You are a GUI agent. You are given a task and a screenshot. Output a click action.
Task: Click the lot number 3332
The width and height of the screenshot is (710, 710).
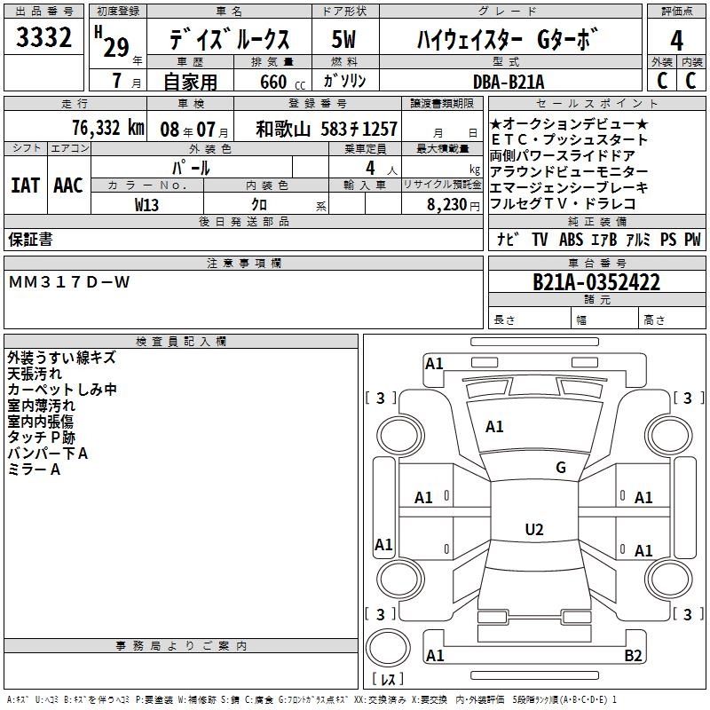point(44,39)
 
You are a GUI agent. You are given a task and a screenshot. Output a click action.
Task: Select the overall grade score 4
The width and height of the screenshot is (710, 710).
point(676,41)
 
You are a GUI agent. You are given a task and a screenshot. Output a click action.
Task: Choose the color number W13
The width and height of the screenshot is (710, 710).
point(147,204)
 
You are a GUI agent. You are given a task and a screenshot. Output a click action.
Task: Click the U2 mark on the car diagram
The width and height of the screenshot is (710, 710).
point(533,530)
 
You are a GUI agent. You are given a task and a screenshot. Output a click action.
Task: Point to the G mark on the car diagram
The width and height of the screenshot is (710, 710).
point(560,468)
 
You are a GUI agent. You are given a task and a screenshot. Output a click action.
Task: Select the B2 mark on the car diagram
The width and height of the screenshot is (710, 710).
point(633,656)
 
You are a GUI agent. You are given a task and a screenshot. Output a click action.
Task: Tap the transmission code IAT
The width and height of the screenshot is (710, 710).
point(26,185)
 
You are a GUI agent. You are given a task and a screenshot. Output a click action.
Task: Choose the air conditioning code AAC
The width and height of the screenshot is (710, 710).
point(67,185)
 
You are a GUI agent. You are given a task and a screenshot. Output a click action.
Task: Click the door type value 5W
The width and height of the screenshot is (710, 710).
point(344,41)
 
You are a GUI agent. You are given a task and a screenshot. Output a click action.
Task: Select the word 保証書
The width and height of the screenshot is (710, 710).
point(31,239)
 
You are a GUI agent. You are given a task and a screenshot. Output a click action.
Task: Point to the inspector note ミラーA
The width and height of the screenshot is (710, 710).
point(34,469)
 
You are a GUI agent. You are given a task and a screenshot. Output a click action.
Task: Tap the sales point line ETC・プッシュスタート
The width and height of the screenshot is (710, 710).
point(569,139)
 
